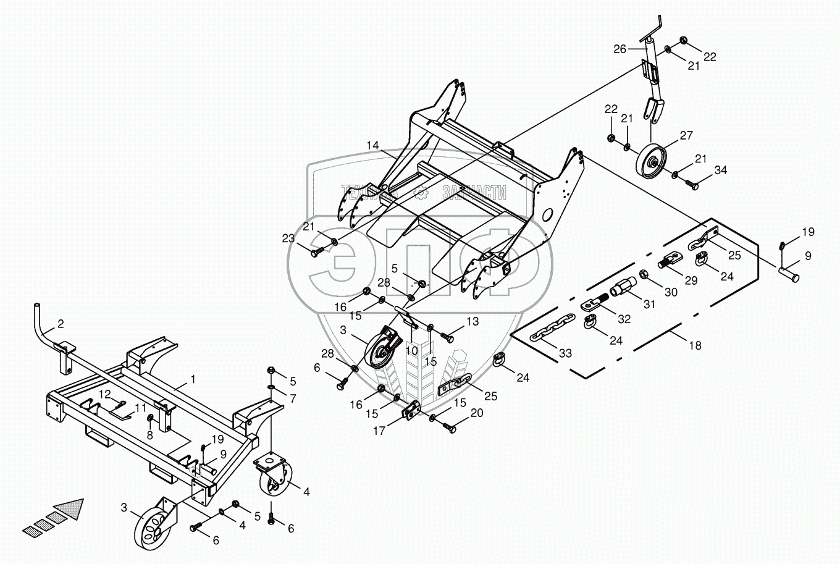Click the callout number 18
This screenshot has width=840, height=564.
(x=695, y=345)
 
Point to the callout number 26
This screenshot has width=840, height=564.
(x=619, y=49)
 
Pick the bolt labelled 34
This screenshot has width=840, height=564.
(x=691, y=183)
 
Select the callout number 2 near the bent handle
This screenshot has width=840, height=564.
(x=61, y=323)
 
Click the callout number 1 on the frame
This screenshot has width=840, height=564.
(x=193, y=379)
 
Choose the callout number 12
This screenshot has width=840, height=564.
(x=106, y=394)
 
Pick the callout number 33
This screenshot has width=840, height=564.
(x=565, y=353)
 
